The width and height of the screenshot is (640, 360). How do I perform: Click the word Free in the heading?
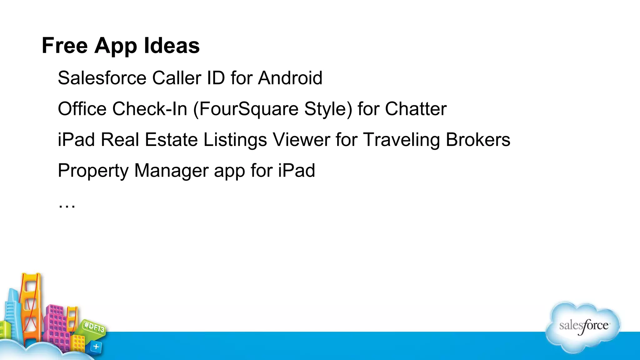point(65,46)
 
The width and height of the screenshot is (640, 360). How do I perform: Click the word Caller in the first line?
point(177,78)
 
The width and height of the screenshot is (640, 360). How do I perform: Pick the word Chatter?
point(416,109)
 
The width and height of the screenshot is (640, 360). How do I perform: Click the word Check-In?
point(150,109)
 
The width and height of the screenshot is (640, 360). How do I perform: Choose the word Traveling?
point(402,140)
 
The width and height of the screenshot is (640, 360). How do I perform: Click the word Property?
point(93,171)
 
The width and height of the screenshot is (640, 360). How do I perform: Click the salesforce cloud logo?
point(583,327)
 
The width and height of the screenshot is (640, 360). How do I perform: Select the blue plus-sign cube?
point(96,347)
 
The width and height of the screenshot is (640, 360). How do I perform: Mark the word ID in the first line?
point(216,78)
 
